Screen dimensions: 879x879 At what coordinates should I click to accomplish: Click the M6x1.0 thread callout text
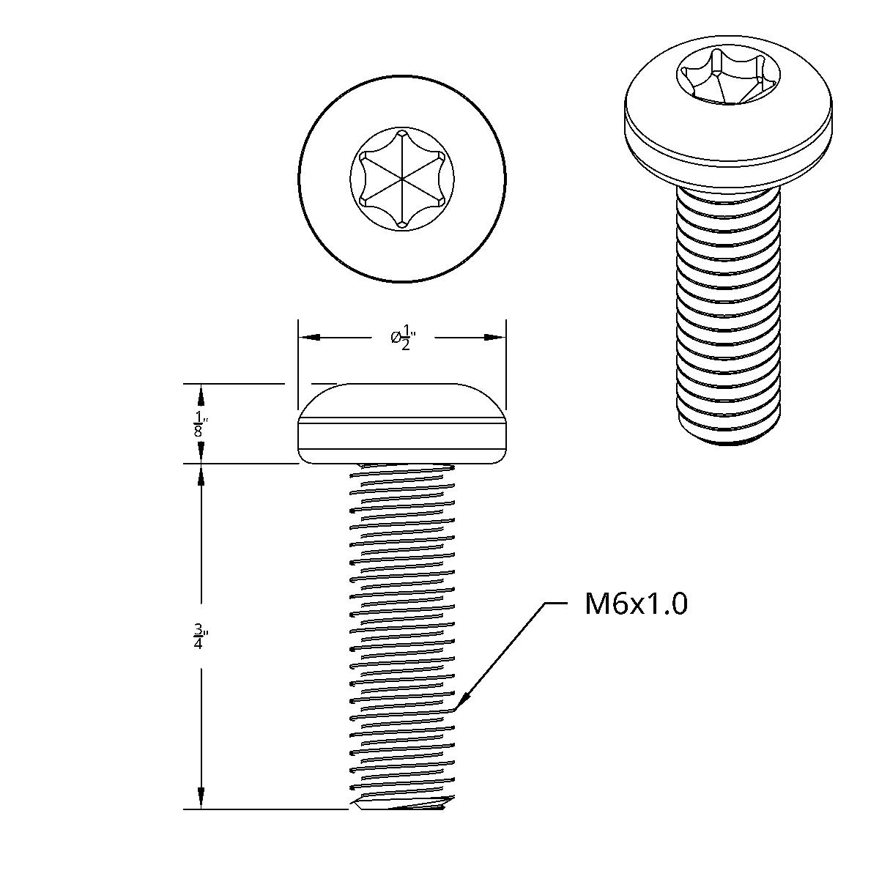tap(636, 604)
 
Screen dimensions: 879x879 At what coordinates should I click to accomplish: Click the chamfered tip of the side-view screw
tap(399, 806)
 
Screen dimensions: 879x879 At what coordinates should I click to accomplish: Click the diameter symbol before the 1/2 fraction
tap(396, 337)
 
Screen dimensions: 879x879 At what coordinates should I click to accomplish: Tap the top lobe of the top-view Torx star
tap(402, 135)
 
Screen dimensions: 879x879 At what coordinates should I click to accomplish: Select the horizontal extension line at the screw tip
tap(264, 809)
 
